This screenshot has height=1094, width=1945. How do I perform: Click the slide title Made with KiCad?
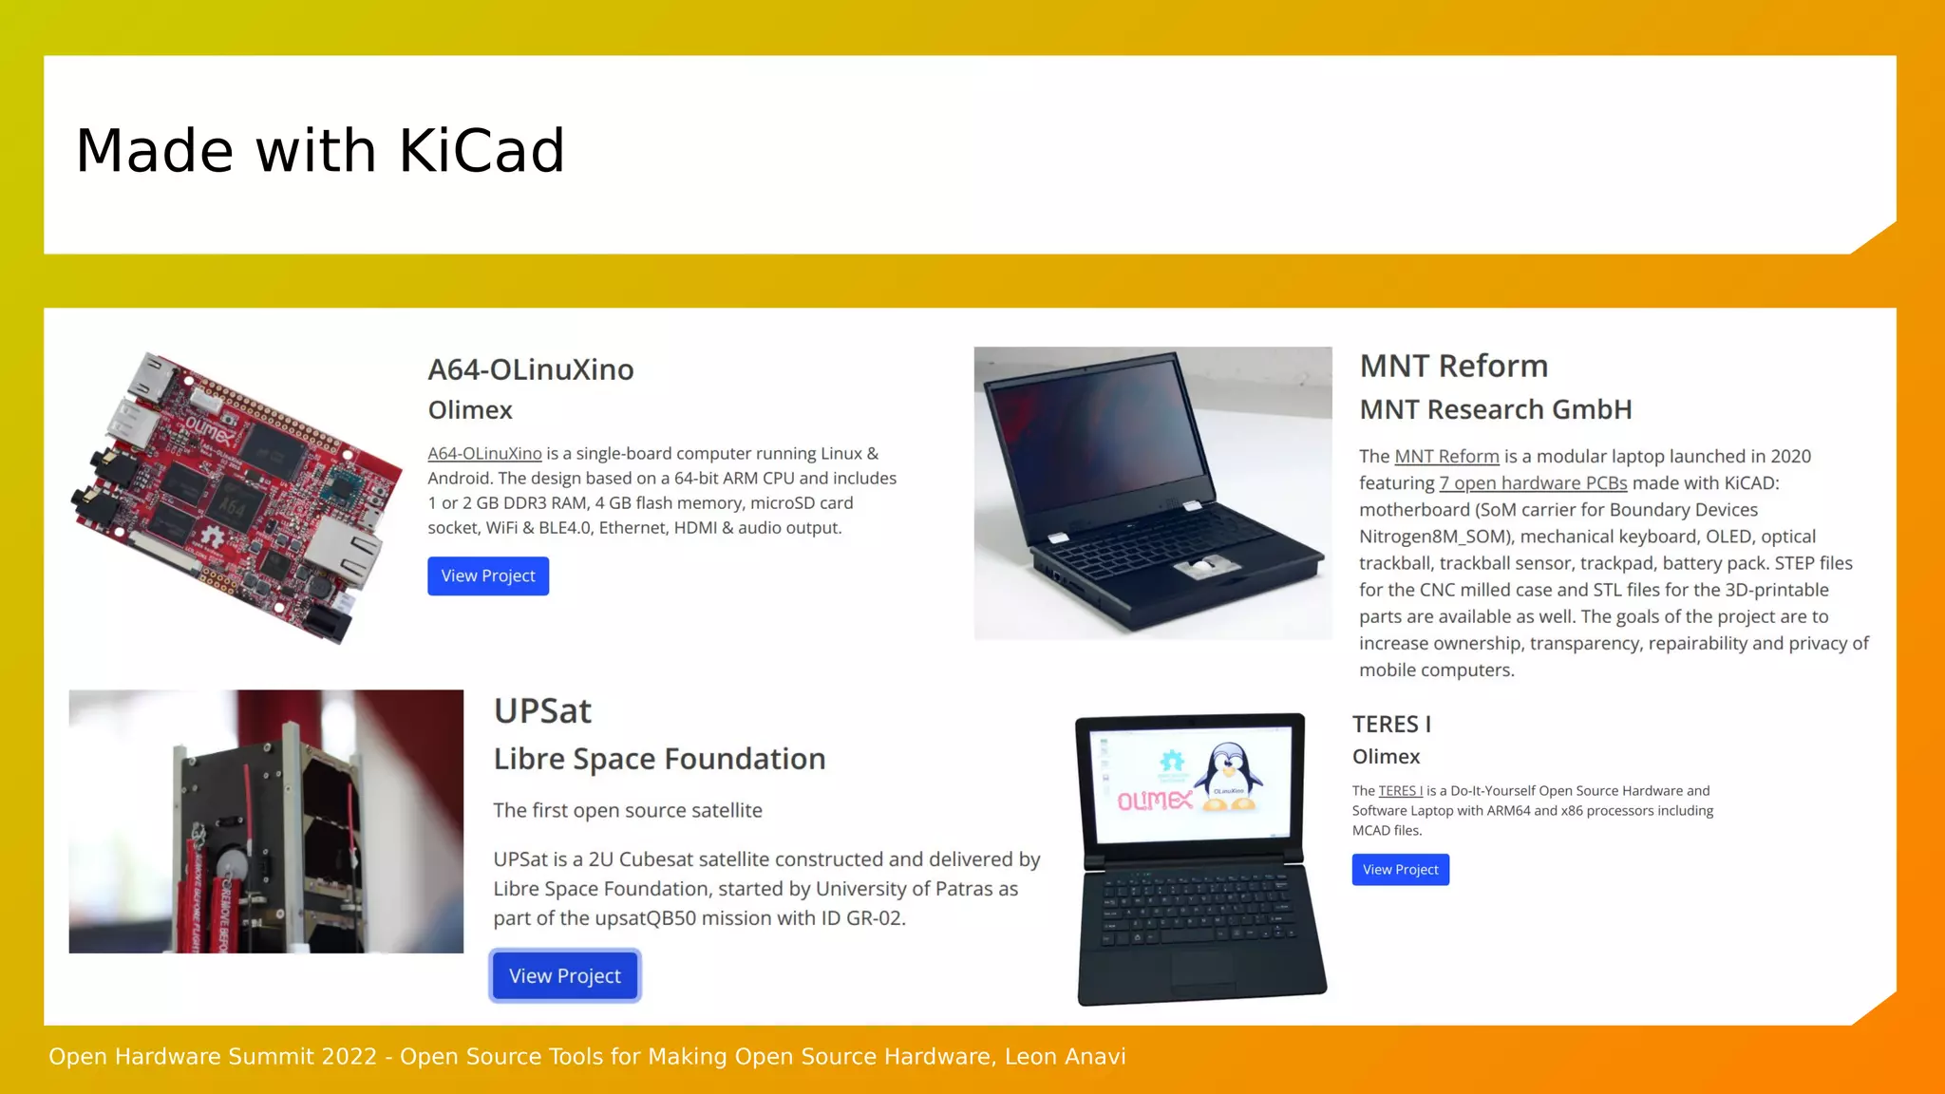320,151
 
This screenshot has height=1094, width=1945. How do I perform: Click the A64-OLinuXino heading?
530,369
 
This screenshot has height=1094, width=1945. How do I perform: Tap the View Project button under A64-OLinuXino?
488,576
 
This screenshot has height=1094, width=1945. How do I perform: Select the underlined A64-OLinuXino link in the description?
484,454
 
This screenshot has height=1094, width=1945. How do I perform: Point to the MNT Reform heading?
1453,367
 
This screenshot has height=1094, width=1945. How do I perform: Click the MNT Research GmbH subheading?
1495,410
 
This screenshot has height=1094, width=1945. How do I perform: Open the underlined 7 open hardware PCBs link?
1533,483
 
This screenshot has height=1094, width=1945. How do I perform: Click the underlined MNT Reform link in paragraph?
1446,457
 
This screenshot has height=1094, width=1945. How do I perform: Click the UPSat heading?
542,711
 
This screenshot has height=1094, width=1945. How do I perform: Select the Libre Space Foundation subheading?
659,759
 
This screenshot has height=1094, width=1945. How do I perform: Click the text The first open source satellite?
628,811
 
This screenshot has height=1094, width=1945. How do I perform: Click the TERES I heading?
1391,725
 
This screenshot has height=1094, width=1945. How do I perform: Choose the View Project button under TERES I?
1400,870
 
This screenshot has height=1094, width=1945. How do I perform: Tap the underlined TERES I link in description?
1400,791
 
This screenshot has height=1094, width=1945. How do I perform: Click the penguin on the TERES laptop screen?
1231,775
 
